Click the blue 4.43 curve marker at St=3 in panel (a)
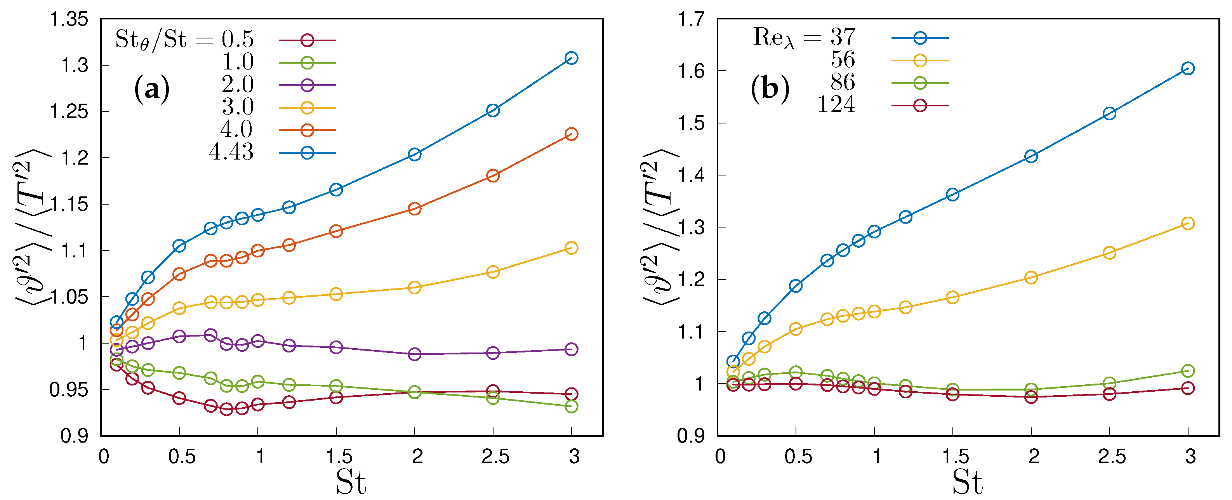[x=571, y=58]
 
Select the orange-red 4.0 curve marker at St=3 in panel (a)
[x=571, y=134]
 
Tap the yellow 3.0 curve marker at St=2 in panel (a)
[x=415, y=288]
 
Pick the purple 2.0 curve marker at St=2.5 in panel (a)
[x=493, y=353]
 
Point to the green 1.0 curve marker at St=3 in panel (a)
[x=571, y=407]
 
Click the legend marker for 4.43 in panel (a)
[x=308, y=153]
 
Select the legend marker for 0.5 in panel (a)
[x=308, y=40]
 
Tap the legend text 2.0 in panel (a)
[x=237, y=85]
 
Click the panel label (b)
[x=770, y=89]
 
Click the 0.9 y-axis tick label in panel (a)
[x=75, y=436]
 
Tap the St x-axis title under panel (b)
[x=967, y=483]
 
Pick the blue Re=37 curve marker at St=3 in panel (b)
[x=1188, y=69]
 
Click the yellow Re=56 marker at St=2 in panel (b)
[x=1031, y=278]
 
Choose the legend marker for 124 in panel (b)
[x=920, y=106]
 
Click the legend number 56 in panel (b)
[x=843, y=60]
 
